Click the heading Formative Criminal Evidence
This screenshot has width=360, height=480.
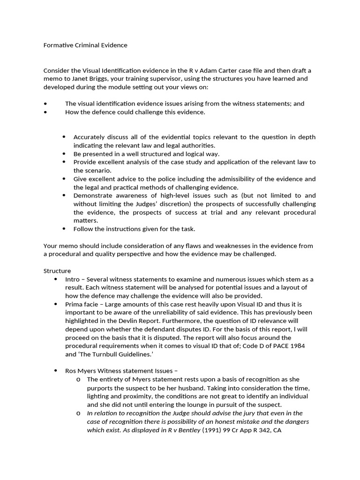pyautogui.click(x=85, y=45)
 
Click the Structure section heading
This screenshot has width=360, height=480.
pyautogui.click(x=57, y=271)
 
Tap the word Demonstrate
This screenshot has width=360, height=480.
pyautogui.click(x=92, y=195)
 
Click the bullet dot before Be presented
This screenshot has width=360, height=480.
pyautogui.click(x=64, y=154)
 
